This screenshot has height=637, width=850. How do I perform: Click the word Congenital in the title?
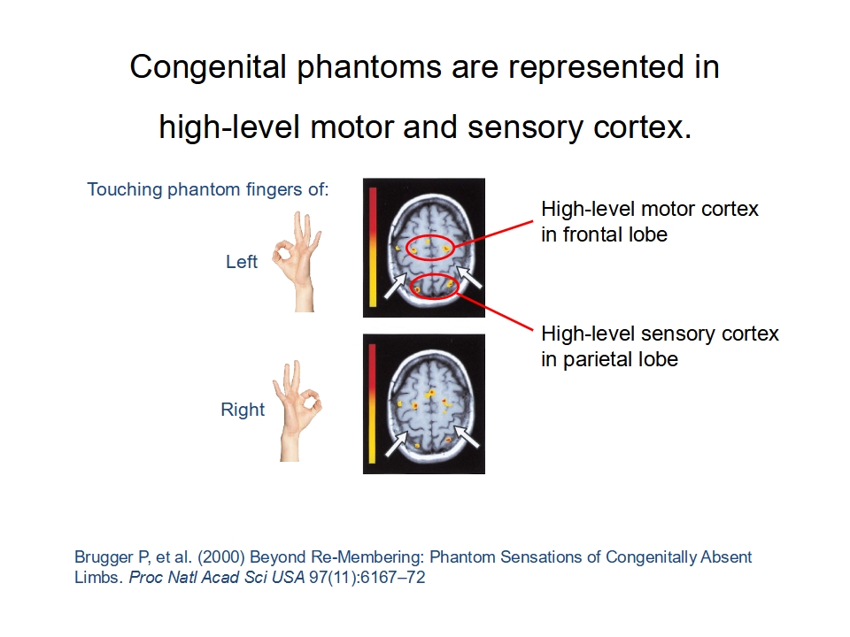pyautogui.click(x=207, y=68)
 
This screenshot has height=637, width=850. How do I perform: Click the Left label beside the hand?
pyautogui.click(x=241, y=262)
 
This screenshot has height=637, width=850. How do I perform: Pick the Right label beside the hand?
pyautogui.click(x=243, y=410)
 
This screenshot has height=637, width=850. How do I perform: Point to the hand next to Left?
pyautogui.click(x=297, y=262)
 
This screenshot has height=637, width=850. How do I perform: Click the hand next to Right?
pyautogui.click(x=297, y=411)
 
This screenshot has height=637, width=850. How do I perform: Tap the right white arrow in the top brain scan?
pyautogui.click(x=468, y=277)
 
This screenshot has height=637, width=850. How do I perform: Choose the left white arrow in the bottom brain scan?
pyautogui.click(x=397, y=443)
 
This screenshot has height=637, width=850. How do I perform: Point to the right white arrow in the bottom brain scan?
pyautogui.click(x=467, y=436)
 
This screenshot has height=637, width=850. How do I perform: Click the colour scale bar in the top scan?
pyautogui.click(x=373, y=247)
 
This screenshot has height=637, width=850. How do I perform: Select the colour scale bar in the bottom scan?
pyautogui.click(x=373, y=403)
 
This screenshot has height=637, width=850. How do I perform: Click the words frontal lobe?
pyautogui.click(x=614, y=234)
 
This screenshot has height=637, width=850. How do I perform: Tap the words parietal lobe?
pyautogui.click(x=621, y=359)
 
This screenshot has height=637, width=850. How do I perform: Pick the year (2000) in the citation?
pyautogui.click(x=221, y=557)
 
